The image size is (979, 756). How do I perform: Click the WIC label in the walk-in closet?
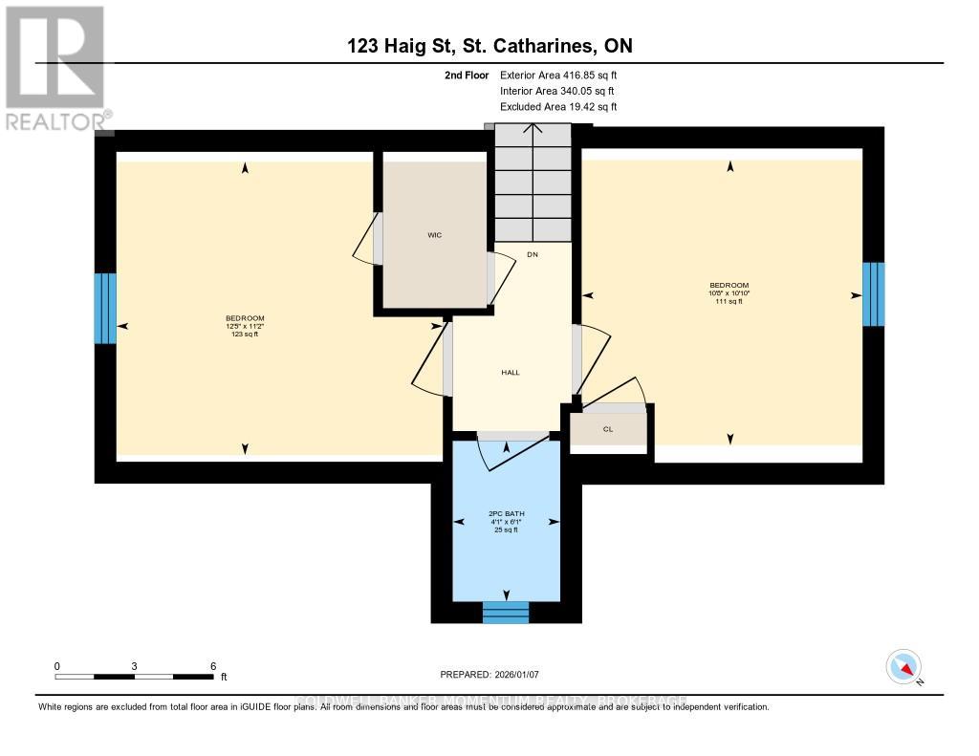coord(435,234)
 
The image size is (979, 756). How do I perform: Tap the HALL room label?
coord(511,372)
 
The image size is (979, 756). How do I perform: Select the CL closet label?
coord(607,429)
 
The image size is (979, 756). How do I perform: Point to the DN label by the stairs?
coord(532,254)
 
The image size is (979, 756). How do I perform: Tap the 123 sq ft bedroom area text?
coord(245,335)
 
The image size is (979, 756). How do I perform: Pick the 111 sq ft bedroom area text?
coord(729,301)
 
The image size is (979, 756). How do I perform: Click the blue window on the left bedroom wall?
coord(104,309)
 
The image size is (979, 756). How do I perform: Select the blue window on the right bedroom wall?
coord(874,294)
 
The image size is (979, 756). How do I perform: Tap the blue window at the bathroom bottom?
coord(505,612)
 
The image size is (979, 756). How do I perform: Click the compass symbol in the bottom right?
coord(903,666)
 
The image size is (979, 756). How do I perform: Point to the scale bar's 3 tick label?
coord(135,665)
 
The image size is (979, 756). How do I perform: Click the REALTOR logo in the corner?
coord(54,68)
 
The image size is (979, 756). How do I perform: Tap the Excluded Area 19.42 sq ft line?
coord(558,107)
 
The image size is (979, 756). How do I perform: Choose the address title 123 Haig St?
coord(489,45)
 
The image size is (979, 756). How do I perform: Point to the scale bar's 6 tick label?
coord(213,665)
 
